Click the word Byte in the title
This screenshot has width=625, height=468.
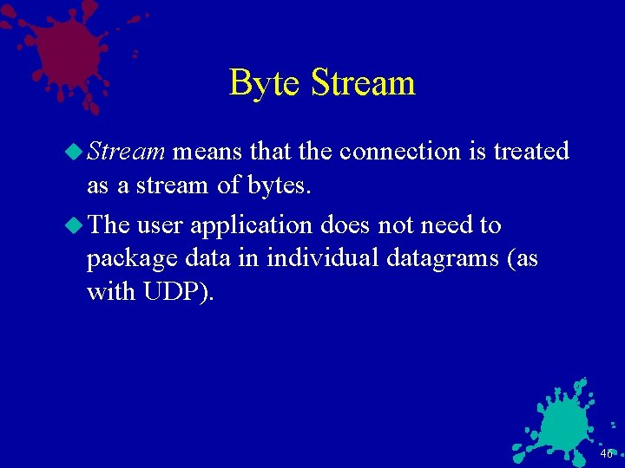(x=266, y=84)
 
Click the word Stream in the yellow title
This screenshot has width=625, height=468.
(x=363, y=83)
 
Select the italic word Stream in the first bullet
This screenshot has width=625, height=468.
(x=126, y=152)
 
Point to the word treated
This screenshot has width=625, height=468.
(x=530, y=152)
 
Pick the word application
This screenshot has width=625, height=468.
(x=251, y=225)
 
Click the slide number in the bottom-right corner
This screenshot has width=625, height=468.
(x=605, y=454)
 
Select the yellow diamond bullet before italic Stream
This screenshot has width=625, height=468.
(x=75, y=153)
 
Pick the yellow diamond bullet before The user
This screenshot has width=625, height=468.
(x=75, y=226)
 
